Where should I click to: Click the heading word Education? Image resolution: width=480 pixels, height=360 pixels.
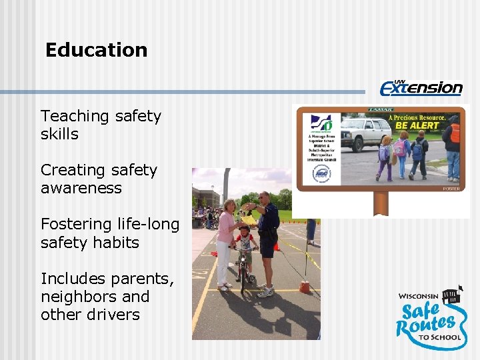click(x=96, y=50)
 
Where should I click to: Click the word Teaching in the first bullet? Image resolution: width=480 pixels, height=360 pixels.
click(x=73, y=116)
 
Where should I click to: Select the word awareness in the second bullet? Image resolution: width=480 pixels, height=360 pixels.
click(x=81, y=188)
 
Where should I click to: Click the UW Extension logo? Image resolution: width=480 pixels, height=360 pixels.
click(x=421, y=87)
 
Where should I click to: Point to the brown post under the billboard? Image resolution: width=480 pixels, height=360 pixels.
click(x=381, y=203)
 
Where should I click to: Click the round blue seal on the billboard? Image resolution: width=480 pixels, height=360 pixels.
click(x=321, y=174)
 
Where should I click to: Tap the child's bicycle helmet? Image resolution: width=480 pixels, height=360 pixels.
click(x=243, y=231)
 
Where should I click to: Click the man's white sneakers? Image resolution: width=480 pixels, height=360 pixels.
click(x=265, y=292)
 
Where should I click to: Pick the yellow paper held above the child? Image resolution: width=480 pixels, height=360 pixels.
click(x=249, y=218)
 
